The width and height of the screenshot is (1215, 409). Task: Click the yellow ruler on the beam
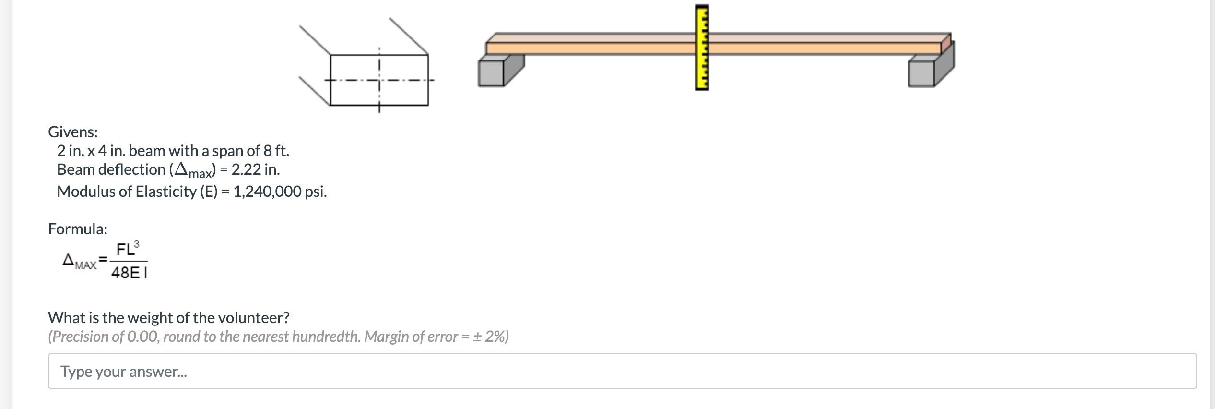point(702,47)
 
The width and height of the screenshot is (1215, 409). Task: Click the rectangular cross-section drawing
point(379,80)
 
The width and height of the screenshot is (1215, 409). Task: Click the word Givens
point(72,132)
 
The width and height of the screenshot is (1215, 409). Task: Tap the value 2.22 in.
point(255,169)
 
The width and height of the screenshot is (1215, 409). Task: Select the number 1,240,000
point(267,192)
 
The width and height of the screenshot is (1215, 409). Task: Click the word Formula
point(77,229)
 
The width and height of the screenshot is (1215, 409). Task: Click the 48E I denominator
point(129,273)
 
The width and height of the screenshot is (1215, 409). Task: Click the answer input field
point(622,371)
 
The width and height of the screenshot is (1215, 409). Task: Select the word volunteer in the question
point(253,318)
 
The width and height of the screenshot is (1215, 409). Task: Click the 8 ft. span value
point(276,151)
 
